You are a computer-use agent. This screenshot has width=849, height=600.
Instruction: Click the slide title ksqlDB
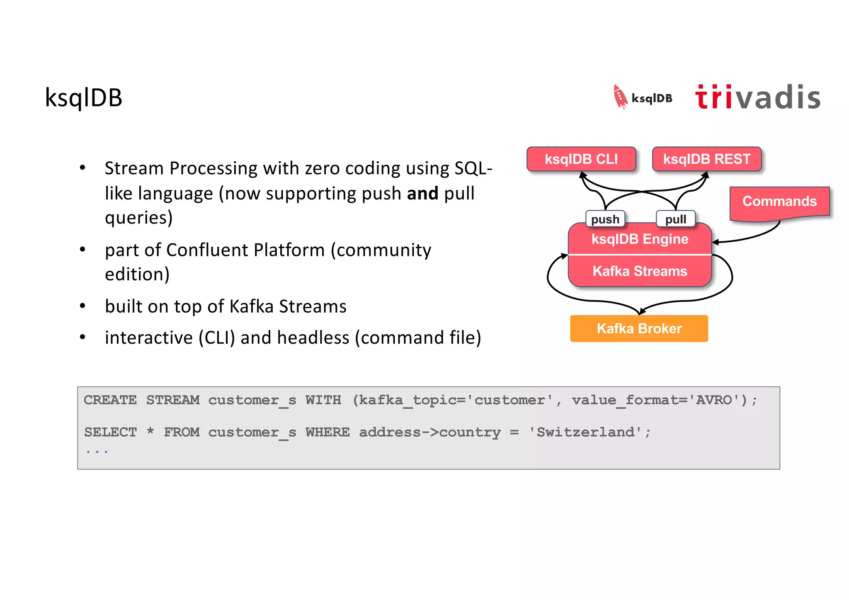83,98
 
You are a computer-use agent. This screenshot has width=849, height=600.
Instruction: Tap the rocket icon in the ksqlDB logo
620,97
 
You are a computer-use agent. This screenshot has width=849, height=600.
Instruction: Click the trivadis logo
757,97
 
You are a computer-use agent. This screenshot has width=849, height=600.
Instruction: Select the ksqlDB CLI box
581,159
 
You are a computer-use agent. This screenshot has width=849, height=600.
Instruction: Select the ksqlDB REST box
706,159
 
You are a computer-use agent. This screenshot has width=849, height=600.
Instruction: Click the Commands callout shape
779,202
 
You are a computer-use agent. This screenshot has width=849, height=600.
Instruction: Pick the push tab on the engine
605,219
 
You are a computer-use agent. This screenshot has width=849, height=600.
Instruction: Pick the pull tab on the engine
675,219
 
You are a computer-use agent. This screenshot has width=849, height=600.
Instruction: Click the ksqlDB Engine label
640,239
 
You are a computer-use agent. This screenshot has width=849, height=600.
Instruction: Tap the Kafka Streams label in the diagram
640,271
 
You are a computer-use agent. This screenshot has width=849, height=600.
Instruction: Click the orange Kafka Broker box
639,328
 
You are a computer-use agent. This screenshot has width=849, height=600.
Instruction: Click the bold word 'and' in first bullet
422,194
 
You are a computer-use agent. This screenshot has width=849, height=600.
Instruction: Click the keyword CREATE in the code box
110,400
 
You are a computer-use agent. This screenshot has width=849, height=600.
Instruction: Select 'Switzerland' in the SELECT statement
585,432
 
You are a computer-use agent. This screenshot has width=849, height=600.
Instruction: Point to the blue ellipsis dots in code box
97,452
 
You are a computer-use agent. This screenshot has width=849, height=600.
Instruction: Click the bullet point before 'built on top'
82,306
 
